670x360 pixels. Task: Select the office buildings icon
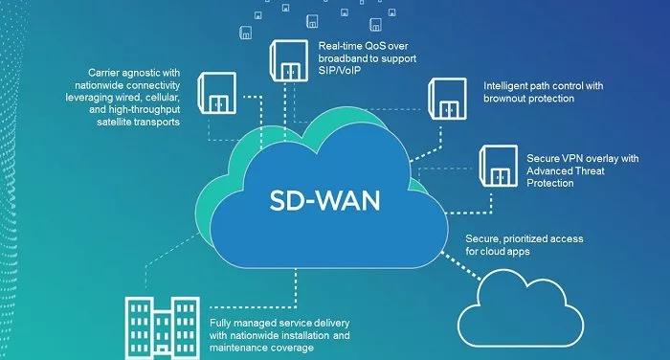pyautogui.click(x=160, y=324)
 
